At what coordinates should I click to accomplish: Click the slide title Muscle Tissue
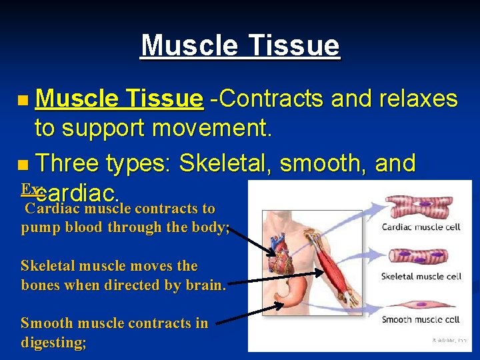240,46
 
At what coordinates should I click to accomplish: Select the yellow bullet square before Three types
24,164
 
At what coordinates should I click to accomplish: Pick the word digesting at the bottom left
53,343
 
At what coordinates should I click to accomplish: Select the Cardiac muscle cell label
421,227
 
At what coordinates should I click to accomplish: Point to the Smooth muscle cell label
421,320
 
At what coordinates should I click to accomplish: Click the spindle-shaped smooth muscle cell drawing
421,302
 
